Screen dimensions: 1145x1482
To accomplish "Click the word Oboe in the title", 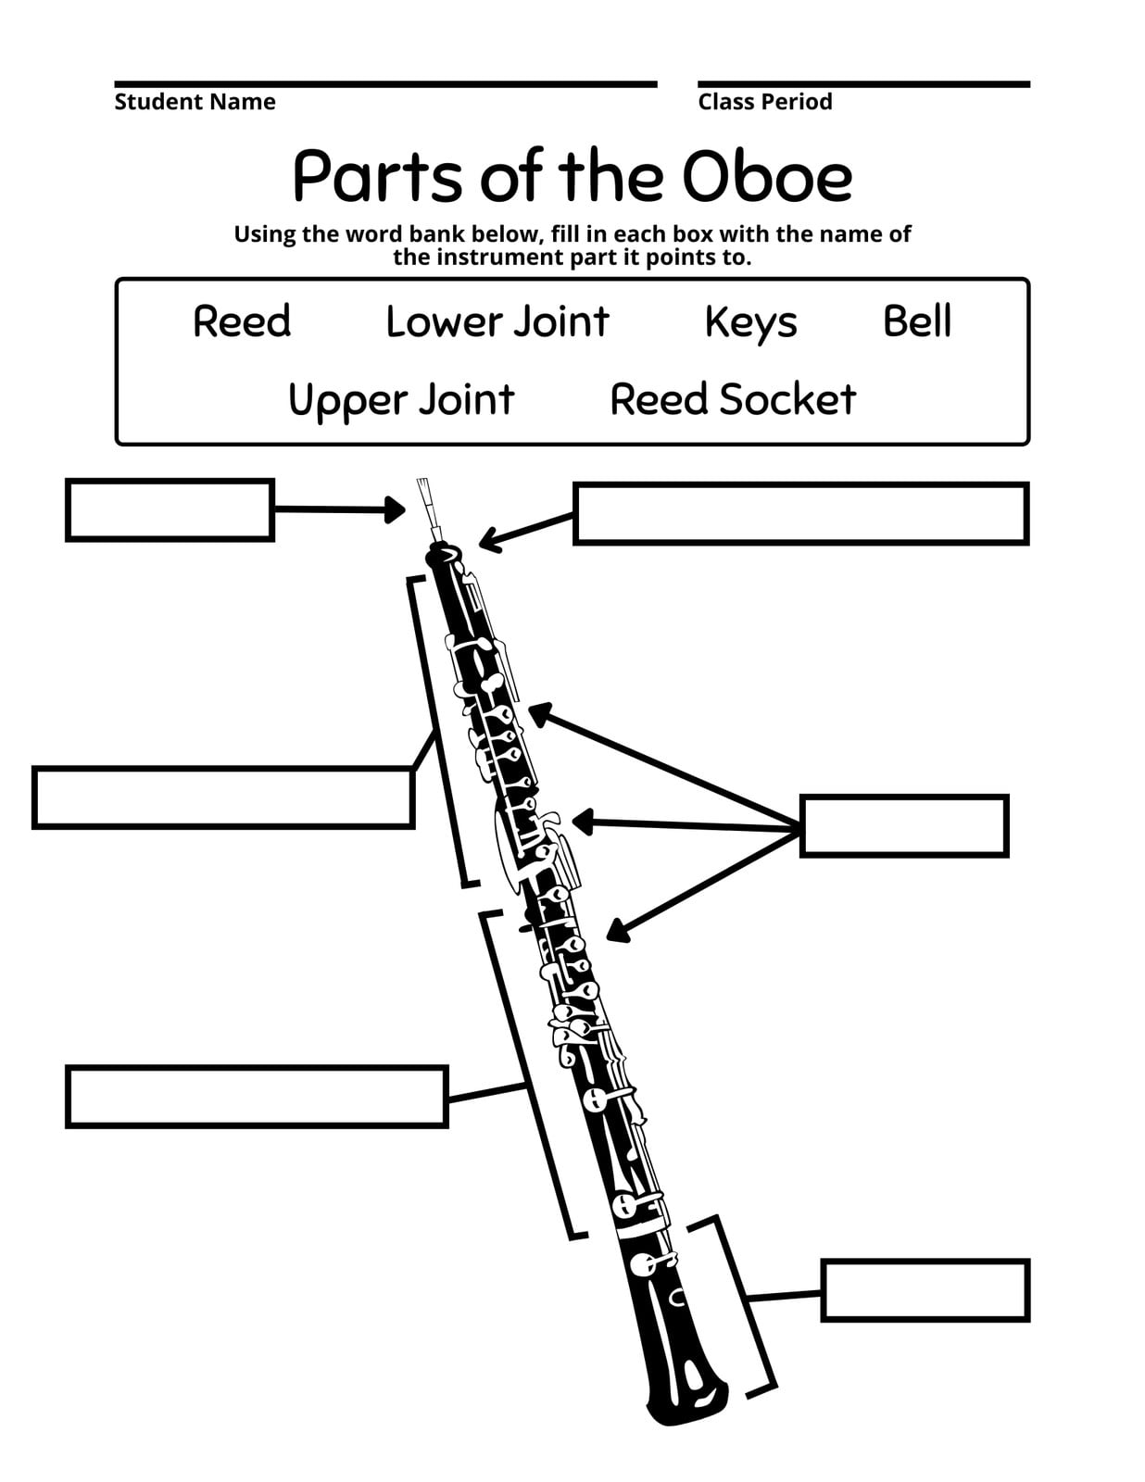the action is pyautogui.click(x=766, y=177).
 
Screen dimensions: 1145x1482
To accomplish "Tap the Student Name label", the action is pyautogui.click(x=195, y=102).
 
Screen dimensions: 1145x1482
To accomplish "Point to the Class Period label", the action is pyautogui.click(x=764, y=102).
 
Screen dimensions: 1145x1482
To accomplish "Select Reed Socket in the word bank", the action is pyautogui.click(x=733, y=399).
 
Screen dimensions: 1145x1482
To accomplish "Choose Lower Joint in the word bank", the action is pyautogui.click(x=497, y=321).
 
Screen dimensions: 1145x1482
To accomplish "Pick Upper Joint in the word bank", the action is pyautogui.click(x=401, y=401).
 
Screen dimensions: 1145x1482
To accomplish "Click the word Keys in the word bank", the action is pyautogui.click(x=751, y=322).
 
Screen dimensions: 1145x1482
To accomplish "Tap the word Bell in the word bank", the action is pyautogui.click(x=917, y=321).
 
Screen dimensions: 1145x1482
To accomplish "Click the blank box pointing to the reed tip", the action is pyautogui.click(x=170, y=510).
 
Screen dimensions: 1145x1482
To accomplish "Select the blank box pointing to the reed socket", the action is pyautogui.click(x=800, y=514).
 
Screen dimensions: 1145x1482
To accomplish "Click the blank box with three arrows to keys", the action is pyautogui.click(x=904, y=826).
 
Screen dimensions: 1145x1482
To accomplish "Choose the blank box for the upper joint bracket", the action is pyautogui.click(x=223, y=798).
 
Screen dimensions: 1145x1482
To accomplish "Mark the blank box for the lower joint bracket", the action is pyautogui.click(x=257, y=1097).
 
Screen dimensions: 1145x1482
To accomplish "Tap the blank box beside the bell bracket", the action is pyautogui.click(x=925, y=1291).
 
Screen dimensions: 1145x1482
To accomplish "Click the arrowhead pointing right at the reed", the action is pyautogui.click(x=395, y=509).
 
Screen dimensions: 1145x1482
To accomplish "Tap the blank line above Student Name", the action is pyautogui.click(x=386, y=84).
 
